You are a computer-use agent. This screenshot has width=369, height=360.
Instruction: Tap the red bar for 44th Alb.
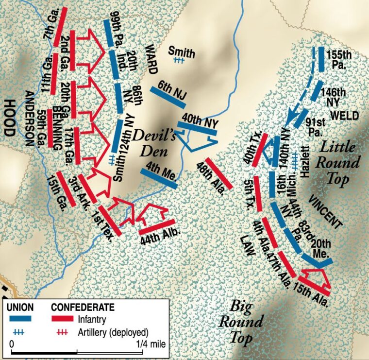click(156, 226)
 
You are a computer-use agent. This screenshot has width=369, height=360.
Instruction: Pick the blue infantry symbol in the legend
click(20, 319)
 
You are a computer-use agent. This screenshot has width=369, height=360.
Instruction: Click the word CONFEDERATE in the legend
click(83, 307)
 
